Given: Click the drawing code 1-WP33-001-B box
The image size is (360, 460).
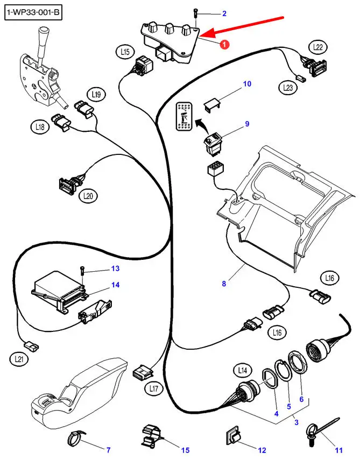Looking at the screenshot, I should (x=33, y=12).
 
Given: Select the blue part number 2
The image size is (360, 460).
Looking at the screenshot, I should (x=224, y=13).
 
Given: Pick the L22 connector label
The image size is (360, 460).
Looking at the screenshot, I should (x=318, y=48).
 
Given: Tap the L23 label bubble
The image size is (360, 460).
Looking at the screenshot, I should (x=288, y=86).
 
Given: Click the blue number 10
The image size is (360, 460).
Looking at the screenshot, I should (x=247, y=84).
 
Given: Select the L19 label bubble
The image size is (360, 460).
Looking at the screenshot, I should (x=96, y=95).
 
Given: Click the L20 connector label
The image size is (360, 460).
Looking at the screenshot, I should (x=89, y=196).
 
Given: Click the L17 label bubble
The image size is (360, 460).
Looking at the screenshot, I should (x=154, y=387).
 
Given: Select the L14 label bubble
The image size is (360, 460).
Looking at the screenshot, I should (x=241, y=370).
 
